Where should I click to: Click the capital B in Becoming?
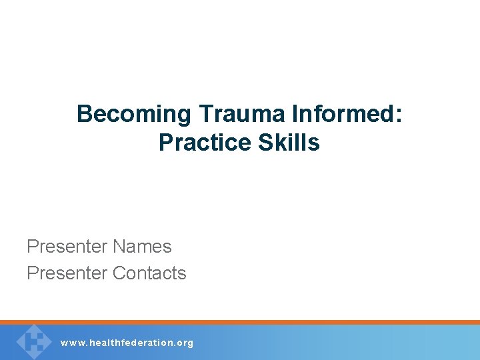[x=84, y=115]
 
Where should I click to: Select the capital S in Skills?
[x=263, y=143]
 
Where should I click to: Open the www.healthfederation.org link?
[x=127, y=343]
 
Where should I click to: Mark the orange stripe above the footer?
[x=240, y=322]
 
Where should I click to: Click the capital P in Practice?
[x=165, y=143]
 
